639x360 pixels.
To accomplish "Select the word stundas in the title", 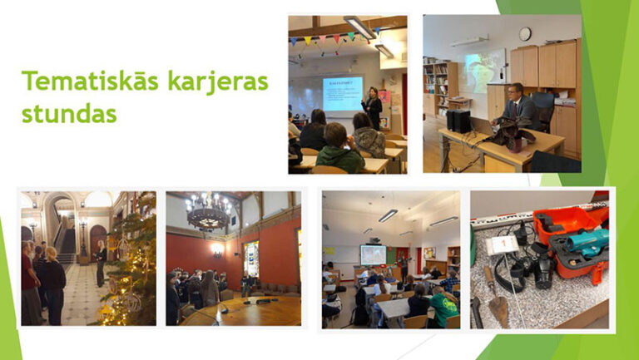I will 69,112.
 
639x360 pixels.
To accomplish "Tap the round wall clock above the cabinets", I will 525,34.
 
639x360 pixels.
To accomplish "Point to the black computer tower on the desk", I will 458,121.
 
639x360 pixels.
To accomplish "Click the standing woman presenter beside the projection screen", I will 372,107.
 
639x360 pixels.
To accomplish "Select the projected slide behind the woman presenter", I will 342,93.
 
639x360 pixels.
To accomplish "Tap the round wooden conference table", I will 250,312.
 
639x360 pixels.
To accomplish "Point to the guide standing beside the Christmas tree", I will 101,263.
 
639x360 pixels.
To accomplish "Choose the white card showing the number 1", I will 503,244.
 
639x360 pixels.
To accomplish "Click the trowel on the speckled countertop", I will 498,305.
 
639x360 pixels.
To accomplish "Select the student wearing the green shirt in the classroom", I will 443,305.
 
